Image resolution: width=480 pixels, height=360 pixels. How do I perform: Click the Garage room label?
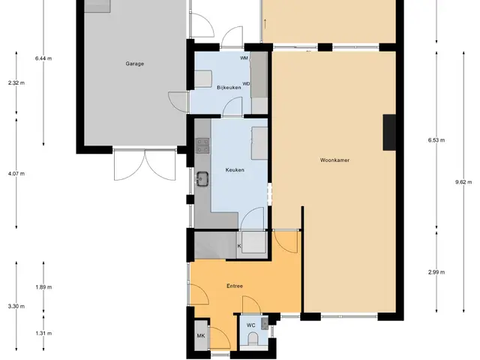pyautogui.click(x=135, y=64)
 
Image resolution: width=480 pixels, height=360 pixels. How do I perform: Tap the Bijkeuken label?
pyautogui.click(x=229, y=88)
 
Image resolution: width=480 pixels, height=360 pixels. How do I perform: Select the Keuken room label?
pyautogui.click(x=235, y=170)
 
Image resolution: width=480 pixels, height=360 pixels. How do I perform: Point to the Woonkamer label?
pyautogui.click(x=334, y=160)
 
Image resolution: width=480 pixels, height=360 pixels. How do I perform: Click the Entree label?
pyautogui.click(x=235, y=286)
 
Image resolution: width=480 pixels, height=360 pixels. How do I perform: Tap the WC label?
pyautogui.click(x=251, y=325)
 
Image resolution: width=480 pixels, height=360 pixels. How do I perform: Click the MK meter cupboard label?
pyautogui.click(x=201, y=336)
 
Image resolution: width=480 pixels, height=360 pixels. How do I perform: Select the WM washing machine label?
pyautogui.click(x=244, y=58)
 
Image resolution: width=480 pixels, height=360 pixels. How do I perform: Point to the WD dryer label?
pyautogui.click(x=246, y=83)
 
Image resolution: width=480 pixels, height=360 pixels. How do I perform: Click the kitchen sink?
pyautogui.click(x=202, y=178)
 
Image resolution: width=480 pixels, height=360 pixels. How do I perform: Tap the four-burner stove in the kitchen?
pyautogui.click(x=203, y=145)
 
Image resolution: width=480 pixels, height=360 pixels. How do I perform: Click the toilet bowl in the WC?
pyautogui.click(x=253, y=340)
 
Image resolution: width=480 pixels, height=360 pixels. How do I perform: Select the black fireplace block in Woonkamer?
pyautogui.click(x=389, y=133)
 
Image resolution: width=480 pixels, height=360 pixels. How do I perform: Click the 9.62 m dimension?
pyautogui.click(x=463, y=182)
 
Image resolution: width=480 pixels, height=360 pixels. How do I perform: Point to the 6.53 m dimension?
pyautogui.click(x=436, y=140)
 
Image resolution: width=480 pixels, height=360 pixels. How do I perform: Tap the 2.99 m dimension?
pyautogui.click(x=436, y=272)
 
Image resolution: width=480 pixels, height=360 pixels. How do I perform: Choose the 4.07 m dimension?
pyautogui.click(x=16, y=174)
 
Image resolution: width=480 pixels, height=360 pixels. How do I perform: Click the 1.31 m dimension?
pyautogui.click(x=43, y=333)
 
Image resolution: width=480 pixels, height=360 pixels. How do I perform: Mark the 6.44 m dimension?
pyautogui.click(x=43, y=58)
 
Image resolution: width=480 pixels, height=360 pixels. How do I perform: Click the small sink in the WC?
pyautogui.click(x=265, y=323)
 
